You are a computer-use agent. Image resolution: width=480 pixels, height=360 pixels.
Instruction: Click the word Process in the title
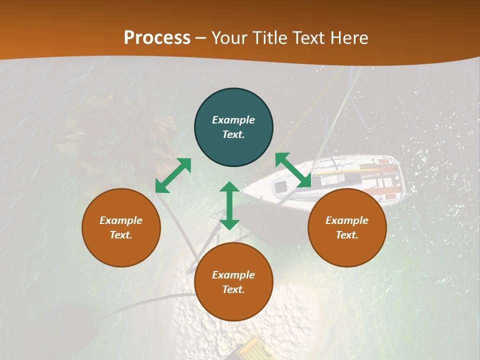pos(157,38)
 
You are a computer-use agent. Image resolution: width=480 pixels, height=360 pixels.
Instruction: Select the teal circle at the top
pos(233,127)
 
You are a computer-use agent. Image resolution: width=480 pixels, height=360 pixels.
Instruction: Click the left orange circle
pos(121,227)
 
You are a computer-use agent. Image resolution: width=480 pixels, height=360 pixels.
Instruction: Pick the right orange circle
pos(347,227)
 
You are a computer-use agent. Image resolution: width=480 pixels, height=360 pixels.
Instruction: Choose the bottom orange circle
pos(233,282)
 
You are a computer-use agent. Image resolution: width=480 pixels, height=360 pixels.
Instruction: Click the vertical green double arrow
pos(229,205)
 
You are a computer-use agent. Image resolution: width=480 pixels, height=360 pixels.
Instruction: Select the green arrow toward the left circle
pos(173,175)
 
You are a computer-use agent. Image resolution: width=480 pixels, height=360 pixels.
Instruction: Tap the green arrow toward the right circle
pos(293,170)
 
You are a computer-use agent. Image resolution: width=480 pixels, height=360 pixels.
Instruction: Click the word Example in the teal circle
pos(233,120)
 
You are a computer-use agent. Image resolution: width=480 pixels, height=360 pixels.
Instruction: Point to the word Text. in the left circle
pos(121,235)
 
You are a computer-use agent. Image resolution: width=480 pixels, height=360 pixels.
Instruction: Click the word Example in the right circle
pos(347,220)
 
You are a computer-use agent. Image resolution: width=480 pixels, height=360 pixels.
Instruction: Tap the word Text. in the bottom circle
pos(233,289)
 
